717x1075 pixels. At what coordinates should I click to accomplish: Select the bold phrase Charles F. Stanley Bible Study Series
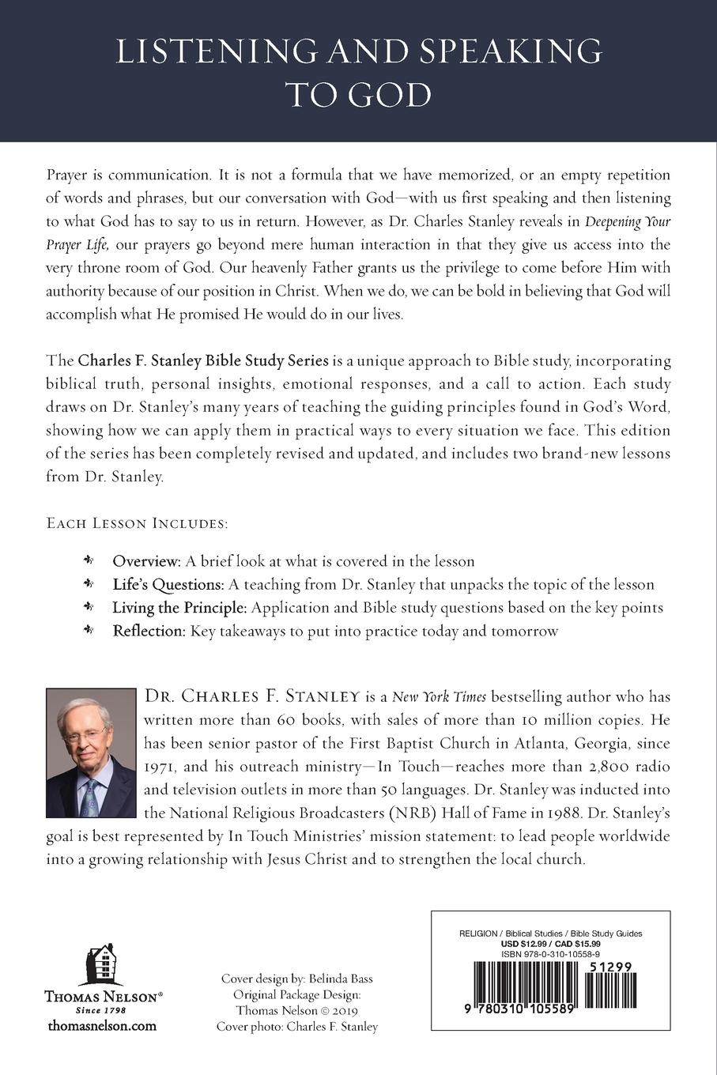[203, 360]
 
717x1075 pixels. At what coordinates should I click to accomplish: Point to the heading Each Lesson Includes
[137, 523]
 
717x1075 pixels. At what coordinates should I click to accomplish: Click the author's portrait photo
[91, 752]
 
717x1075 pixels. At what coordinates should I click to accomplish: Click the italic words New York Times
[440, 697]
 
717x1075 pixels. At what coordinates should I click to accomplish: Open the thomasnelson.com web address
[102, 1026]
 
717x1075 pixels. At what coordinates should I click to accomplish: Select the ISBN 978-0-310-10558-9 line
[562, 954]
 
